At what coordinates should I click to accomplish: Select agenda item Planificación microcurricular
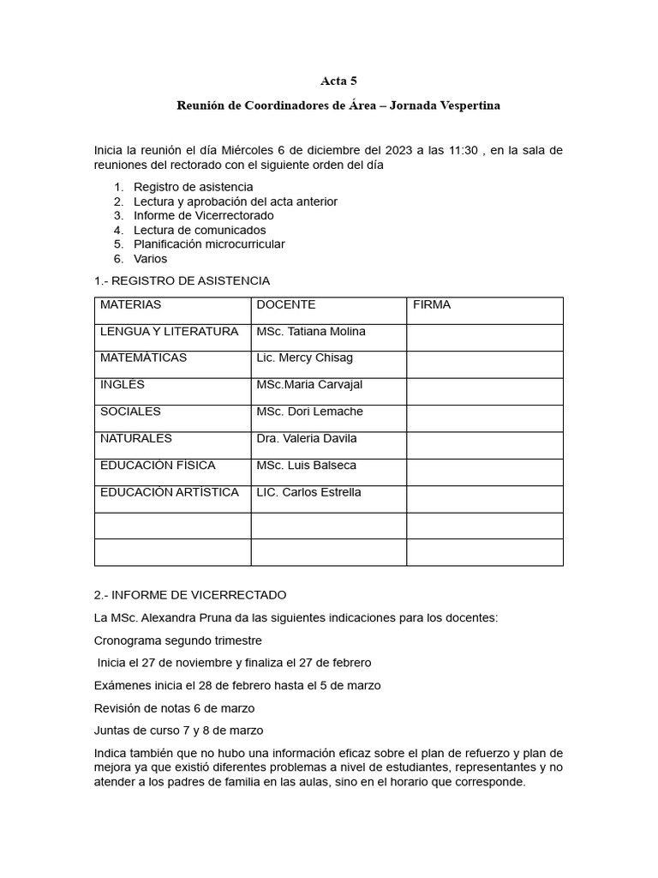[x=209, y=244]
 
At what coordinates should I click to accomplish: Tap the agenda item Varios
[x=150, y=258]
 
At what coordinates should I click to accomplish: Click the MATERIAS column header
[x=130, y=305]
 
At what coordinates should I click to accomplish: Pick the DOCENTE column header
[x=286, y=305]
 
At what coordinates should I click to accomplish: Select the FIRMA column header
[x=432, y=305]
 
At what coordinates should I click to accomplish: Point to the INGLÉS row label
[x=123, y=385]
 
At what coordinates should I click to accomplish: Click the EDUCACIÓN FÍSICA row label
[x=158, y=466]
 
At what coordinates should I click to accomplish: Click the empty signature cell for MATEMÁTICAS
[x=484, y=364]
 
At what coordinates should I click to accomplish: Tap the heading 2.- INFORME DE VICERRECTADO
[x=190, y=595]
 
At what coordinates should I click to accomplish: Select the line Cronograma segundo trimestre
[x=177, y=640]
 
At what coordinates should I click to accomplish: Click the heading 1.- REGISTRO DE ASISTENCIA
[x=182, y=281]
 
